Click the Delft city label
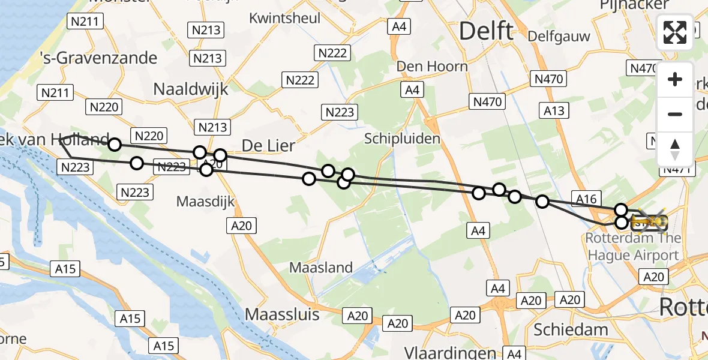point(486,31)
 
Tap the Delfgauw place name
point(559,36)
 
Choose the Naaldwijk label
point(191,89)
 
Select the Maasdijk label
point(206,202)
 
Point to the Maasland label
point(321,268)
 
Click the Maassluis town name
point(285,314)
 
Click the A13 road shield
point(554,110)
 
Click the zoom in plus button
point(675,79)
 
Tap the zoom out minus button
point(675,114)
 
